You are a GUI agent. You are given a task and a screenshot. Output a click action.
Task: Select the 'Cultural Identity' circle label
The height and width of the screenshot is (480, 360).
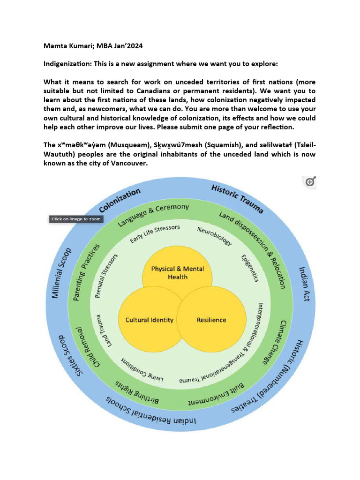point(150,320)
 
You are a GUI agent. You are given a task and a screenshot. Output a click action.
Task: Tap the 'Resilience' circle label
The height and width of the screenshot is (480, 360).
point(211,320)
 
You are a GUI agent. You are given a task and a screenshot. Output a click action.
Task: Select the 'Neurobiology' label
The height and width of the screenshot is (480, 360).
point(215,236)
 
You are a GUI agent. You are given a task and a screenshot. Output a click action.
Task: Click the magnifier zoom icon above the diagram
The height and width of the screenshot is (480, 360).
point(310,182)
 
